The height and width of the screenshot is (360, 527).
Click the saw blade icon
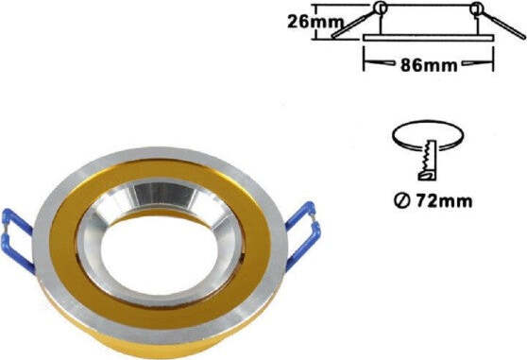[428, 161]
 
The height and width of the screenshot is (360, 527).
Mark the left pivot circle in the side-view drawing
[380, 9]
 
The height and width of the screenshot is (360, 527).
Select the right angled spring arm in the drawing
[501, 23]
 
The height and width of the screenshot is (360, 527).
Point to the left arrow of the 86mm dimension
[370, 66]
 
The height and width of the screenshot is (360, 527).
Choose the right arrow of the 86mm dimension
[486, 66]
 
